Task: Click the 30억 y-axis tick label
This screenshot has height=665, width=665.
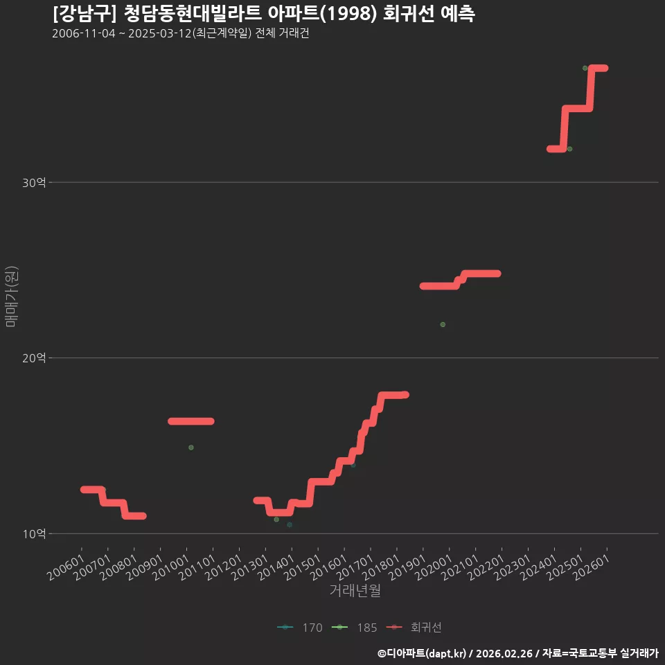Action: tap(34, 183)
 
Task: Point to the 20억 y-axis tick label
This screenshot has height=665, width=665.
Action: tap(34, 358)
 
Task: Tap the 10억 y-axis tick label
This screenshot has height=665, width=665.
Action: tap(34, 534)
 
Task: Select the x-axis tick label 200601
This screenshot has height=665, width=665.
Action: tap(66, 568)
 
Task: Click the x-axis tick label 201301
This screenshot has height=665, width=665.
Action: tap(250, 568)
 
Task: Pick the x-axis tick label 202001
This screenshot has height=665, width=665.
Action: tap(434, 568)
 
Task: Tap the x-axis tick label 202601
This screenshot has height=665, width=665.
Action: tap(591, 568)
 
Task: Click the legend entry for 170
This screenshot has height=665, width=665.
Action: tap(300, 628)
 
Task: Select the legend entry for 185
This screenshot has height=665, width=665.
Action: tap(354, 628)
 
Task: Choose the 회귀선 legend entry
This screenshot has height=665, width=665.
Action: tap(414, 628)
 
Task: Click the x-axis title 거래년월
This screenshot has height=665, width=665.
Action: tap(355, 590)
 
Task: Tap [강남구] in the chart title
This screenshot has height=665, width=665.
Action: tap(84, 14)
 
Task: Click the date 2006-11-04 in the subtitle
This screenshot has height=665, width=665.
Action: tap(84, 33)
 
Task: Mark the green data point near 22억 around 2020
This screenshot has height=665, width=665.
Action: tap(443, 324)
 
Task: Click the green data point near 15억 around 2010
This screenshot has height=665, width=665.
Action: tap(191, 447)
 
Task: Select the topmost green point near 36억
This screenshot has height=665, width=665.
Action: tap(585, 69)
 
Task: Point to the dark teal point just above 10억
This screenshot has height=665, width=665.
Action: tap(290, 524)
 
